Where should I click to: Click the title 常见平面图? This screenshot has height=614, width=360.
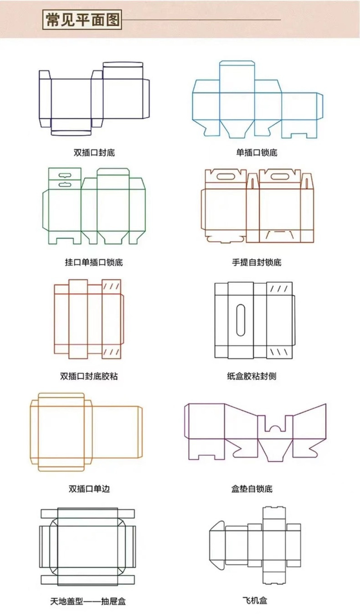click(82, 20)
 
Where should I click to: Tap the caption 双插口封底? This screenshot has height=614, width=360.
click(94, 153)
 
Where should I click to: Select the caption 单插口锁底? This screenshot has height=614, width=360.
click(257, 153)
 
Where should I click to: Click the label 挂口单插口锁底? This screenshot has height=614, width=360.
click(94, 262)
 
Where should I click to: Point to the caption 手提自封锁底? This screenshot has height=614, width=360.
click(257, 262)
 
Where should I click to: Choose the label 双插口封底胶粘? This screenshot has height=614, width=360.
click(89, 376)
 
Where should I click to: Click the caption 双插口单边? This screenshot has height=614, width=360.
click(89, 489)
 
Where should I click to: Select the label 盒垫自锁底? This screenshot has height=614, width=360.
click(252, 489)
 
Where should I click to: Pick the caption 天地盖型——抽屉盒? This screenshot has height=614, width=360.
click(88, 601)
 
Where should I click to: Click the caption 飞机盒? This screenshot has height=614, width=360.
click(255, 601)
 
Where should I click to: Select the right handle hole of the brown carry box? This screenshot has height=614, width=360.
click(280, 176)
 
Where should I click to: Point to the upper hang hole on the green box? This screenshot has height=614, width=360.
click(65, 175)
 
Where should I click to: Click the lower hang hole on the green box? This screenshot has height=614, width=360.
click(65, 184)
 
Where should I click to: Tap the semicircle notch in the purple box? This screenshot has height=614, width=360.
click(274, 428)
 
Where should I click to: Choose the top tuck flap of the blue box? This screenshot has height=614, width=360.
click(237, 71)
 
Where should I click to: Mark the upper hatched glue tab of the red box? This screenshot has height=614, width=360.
click(111, 287)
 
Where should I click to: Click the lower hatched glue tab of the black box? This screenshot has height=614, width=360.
click(279, 352)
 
